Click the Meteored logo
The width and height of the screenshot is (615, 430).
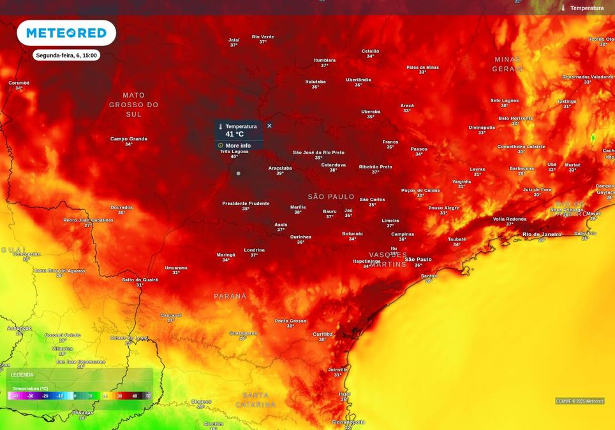(x=66, y=33)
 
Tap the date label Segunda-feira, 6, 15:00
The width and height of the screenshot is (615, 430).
(x=66, y=56)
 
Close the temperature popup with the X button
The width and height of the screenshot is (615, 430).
(x=269, y=126)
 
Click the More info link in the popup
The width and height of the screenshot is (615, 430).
(x=237, y=145)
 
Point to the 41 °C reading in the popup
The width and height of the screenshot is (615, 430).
(x=234, y=134)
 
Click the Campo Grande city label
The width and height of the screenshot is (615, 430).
(x=129, y=139)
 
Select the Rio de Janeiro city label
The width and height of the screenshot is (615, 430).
(x=542, y=234)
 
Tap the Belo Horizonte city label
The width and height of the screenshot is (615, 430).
(x=515, y=118)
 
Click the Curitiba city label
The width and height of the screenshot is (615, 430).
(x=323, y=334)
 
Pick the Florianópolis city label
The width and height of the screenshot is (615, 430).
(x=348, y=422)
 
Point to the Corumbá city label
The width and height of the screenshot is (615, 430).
(x=19, y=83)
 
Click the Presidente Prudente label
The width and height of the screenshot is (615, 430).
(x=246, y=203)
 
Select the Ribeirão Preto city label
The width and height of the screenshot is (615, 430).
(x=375, y=167)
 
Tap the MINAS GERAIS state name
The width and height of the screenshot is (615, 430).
(x=508, y=64)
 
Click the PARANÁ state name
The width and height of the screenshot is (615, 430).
(x=230, y=297)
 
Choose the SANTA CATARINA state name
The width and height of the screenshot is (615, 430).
(x=255, y=400)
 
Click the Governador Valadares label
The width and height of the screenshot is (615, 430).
(x=587, y=77)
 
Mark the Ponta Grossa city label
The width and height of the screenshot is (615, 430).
(x=290, y=321)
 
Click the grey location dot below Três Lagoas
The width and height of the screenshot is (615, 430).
(x=239, y=173)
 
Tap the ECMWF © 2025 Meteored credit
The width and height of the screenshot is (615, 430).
(x=579, y=401)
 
